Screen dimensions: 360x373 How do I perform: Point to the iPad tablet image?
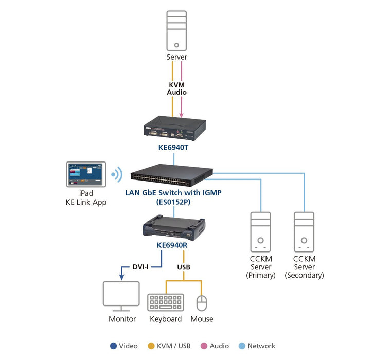pyautogui.click(x=86, y=174)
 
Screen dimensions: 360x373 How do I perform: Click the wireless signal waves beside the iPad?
pyautogui.click(x=117, y=174)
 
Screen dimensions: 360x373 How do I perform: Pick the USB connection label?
pyautogui.click(x=184, y=267)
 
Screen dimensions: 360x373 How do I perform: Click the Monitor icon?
pyautogui.click(x=121, y=296)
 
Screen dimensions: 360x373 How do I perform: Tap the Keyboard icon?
pyautogui.click(x=166, y=302)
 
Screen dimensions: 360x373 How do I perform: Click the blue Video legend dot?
pyautogui.click(x=113, y=346)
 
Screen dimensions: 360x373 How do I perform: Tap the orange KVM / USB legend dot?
pyautogui.click(x=151, y=346)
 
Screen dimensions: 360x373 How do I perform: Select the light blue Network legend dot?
pyautogui.click(x=242, y=346)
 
